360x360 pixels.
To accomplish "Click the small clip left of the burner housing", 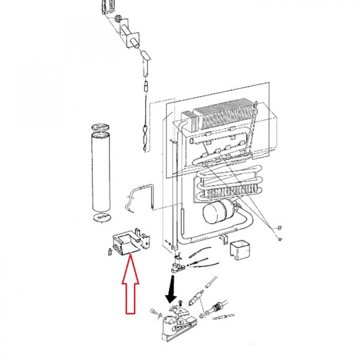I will (110, 251).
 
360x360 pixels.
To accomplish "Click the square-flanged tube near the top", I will (132, 39).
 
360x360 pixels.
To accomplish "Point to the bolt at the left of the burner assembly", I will (153, 311).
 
